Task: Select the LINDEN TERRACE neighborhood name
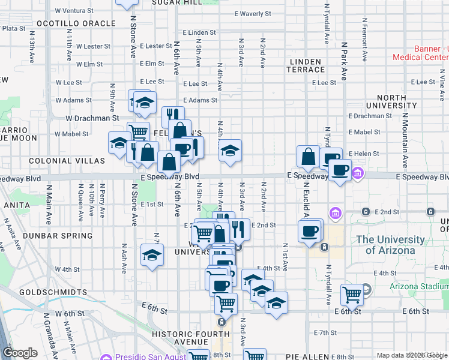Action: [x=307, y=65]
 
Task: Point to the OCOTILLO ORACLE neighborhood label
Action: [x=76, y=23]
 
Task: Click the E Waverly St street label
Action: [x=253, y=13]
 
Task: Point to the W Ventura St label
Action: [x=78, y=11]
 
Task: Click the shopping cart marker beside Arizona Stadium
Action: [x=352, y=294]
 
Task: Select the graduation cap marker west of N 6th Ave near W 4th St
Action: [x=152, y=254]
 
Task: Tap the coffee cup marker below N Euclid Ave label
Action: [x=310, y=231]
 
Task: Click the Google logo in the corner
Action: [x=20, y=353]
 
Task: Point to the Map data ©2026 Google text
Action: [x=411, y=355]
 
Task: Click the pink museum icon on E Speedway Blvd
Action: [x=358, y=174]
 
